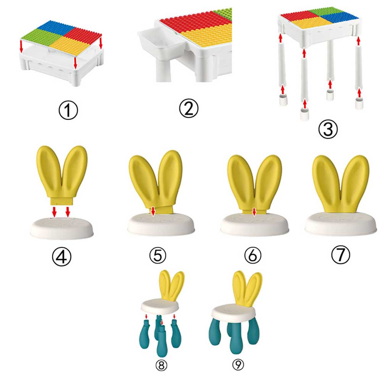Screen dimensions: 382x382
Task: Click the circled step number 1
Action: click(x=68, y=110)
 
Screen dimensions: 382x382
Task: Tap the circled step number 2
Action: click(x=189, y=108)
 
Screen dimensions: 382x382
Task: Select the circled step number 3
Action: click(x=328, y=129)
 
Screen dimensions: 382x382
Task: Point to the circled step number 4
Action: click(x=62, y=256)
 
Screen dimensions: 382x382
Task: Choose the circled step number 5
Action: click(x=158, y=255)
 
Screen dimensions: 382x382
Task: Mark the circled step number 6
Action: click(x=253, y=255)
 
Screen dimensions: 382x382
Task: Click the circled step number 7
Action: click(x=341, y=255)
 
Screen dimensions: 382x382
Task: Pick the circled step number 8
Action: click(x=161, y=365)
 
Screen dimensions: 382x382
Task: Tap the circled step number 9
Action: click(x=238, y=365)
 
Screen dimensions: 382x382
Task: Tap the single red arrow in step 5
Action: click(x=153, y=211)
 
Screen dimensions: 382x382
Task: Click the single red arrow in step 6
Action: click(x=254, y=212)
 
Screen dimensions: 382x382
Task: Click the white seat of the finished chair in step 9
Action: click(x=233, y=312)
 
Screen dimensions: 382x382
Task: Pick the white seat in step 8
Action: click(x=160, y=306)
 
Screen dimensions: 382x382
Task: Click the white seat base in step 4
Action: click(x=62, y=228)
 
